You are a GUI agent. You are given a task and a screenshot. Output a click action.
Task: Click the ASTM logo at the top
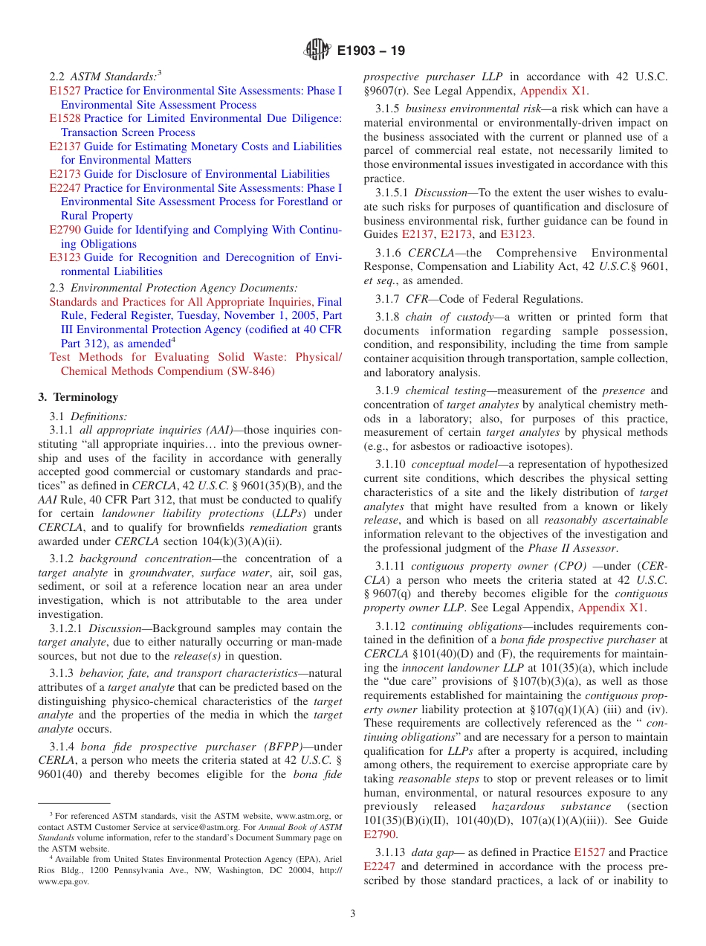[317, 51]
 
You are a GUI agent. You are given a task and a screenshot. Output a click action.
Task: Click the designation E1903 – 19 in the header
[371, 51]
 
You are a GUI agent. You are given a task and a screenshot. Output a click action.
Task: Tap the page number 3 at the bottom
[353, 913]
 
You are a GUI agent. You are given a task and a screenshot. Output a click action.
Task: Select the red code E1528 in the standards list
[65, 119]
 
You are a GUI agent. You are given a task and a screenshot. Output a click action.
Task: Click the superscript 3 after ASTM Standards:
[160, 74]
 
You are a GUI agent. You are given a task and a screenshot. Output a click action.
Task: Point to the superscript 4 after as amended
[173, 341]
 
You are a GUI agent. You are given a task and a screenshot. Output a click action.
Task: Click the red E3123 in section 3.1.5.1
[516, 234]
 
